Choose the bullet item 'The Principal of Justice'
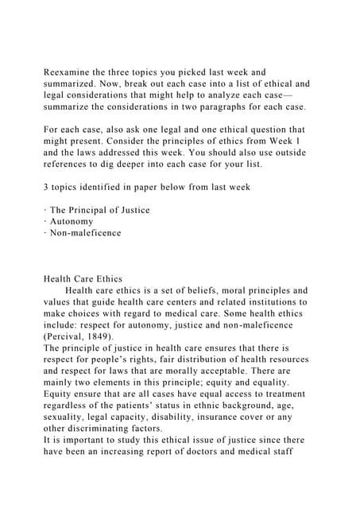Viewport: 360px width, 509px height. click(99, 210)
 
